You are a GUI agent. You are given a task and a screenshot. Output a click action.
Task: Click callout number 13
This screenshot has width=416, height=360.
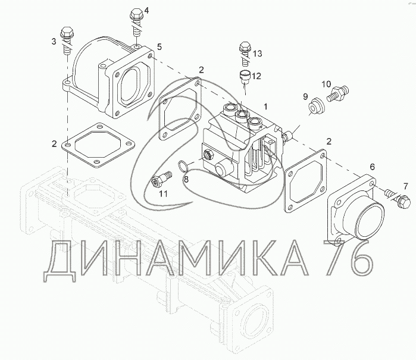257,54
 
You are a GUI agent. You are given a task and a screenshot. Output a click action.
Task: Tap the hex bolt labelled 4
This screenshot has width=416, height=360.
136,23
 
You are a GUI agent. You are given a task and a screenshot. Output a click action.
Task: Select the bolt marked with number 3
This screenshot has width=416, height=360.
67,40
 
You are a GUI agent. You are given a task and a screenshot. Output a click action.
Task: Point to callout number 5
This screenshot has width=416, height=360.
159,47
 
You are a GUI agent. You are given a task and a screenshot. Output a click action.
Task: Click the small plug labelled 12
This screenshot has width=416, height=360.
244,77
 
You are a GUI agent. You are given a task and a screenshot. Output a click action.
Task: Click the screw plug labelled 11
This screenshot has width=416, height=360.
161,179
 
